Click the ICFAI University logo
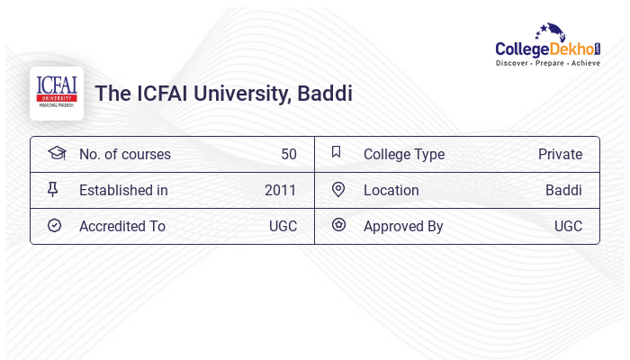(57, 93)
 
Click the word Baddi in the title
(325, 94)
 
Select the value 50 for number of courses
(288, 154)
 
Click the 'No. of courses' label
(125, 154)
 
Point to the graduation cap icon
(56, 153)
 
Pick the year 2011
(280, 190)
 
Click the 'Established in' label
(123, 190)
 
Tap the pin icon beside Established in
(53, 189)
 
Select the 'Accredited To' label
(122, 226)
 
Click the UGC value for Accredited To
(283, 226)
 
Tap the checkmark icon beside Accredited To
(54, 225)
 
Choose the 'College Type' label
(404, 154)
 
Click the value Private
(560, 154)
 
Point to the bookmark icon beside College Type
(337, 152)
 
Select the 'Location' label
(391, 190)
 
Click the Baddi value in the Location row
(563, 190)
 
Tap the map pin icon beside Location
(338, 189)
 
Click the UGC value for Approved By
(568, 226)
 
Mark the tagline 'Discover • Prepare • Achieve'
(548, 64)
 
